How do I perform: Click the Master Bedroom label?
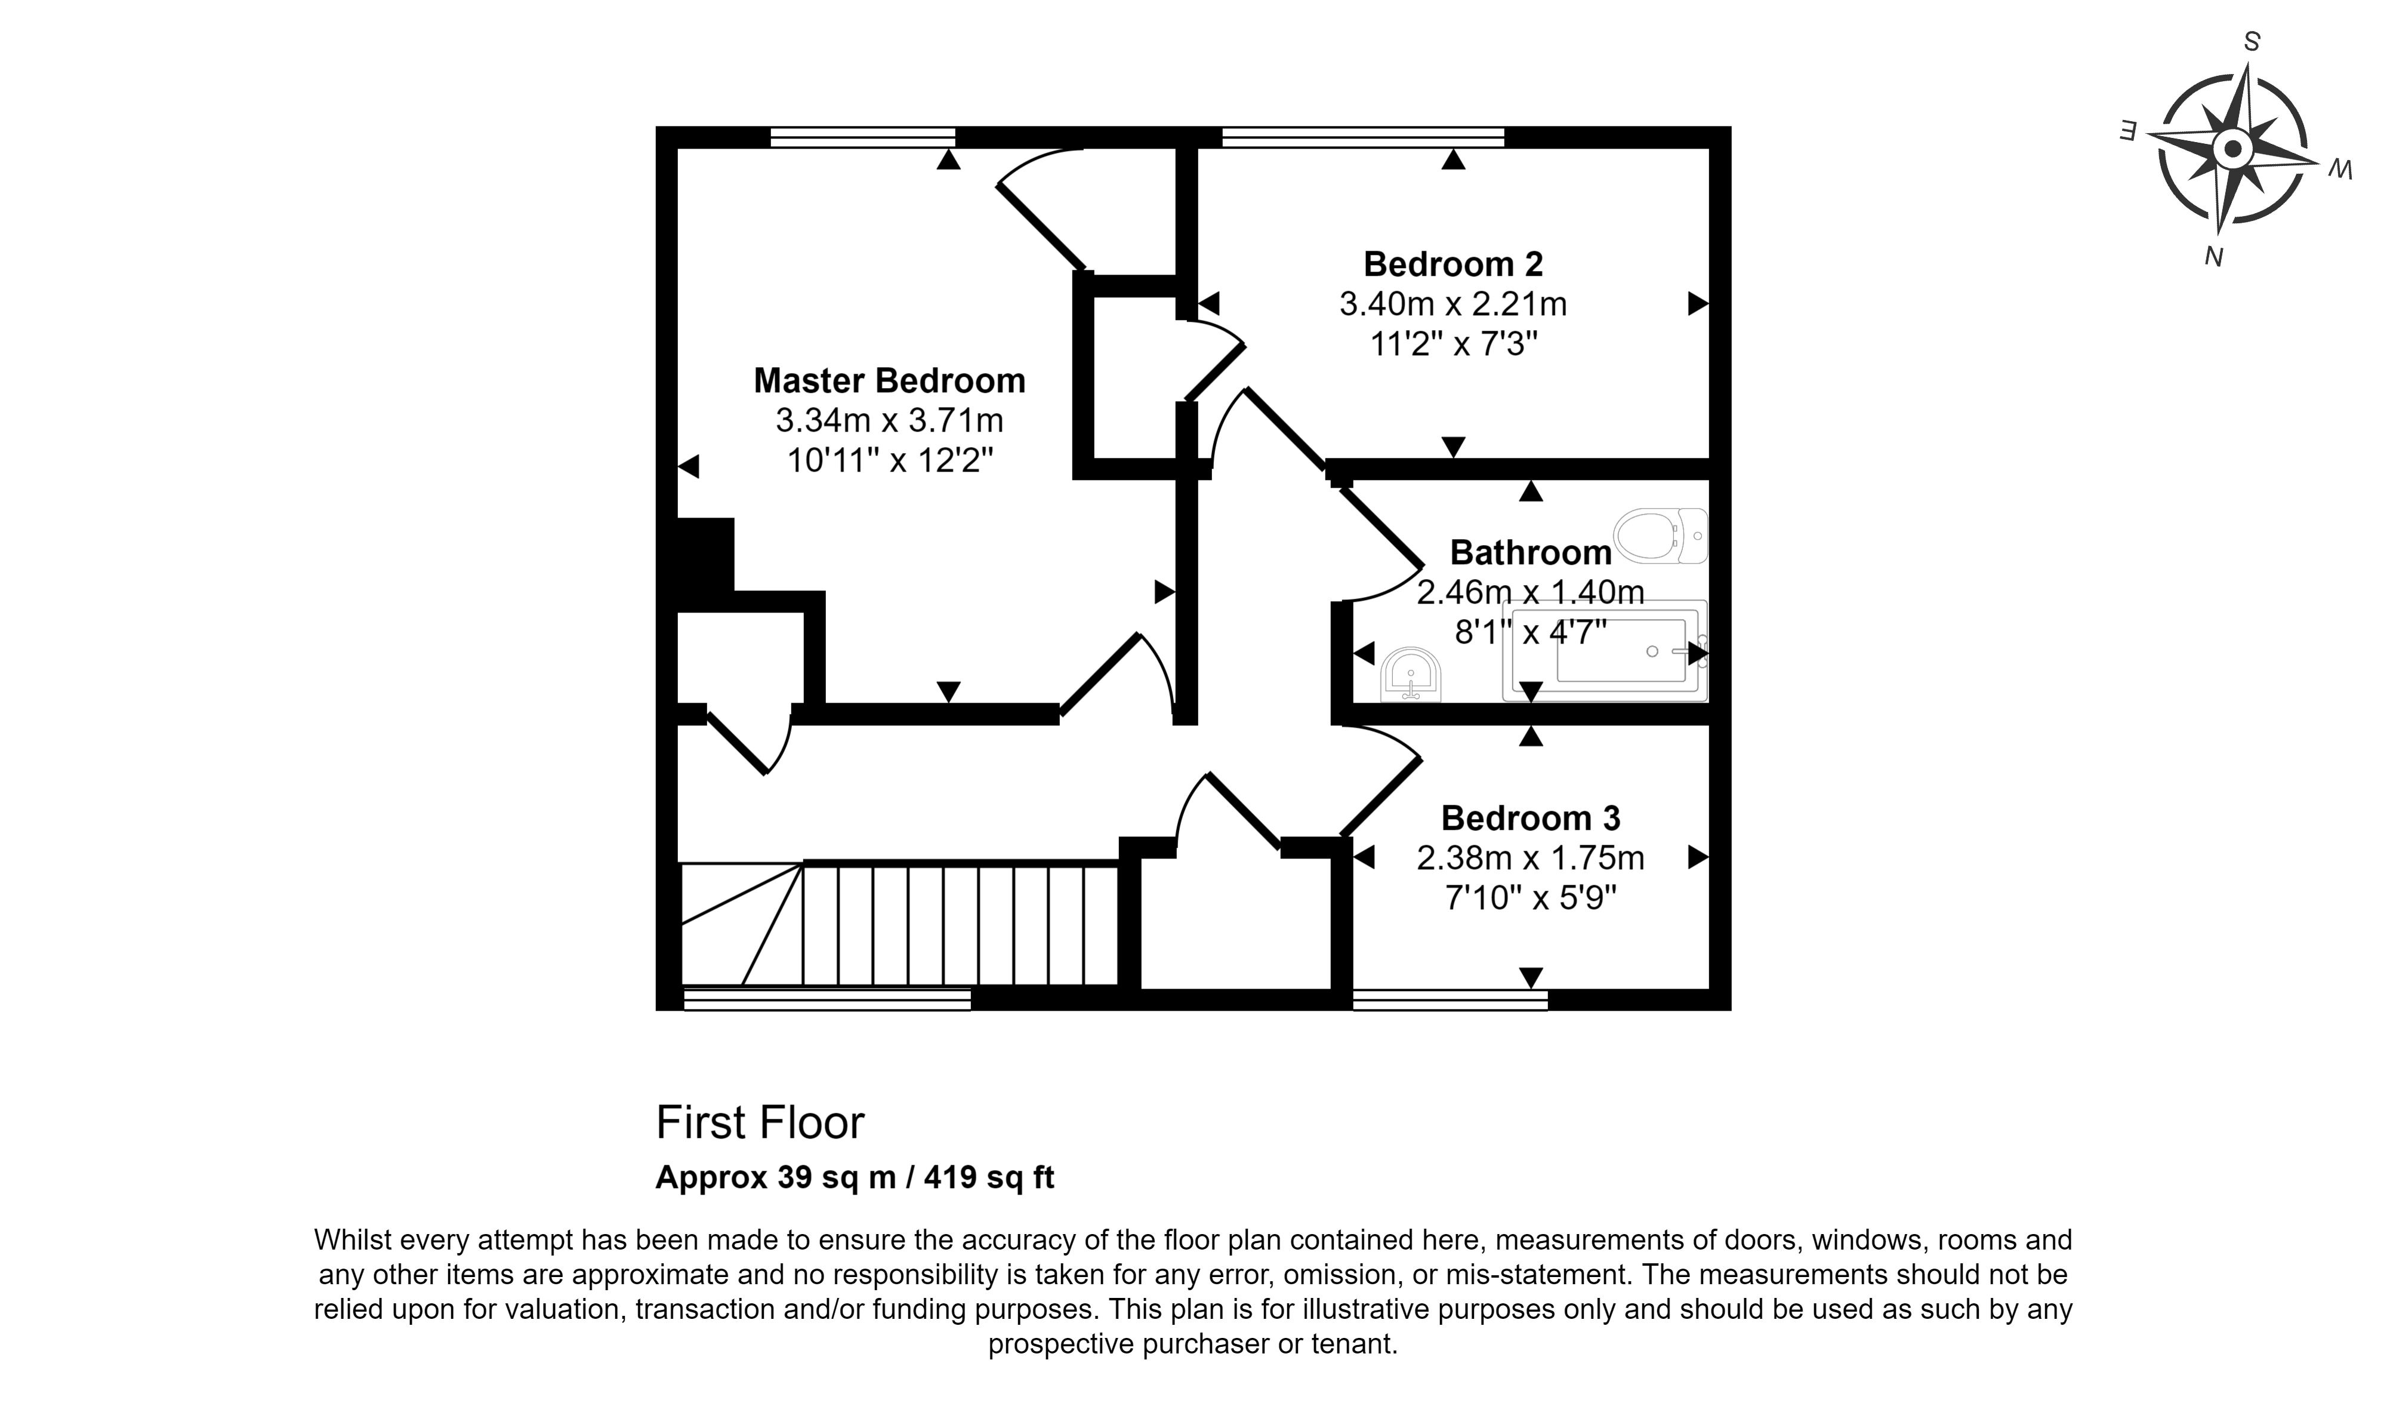point(889,381)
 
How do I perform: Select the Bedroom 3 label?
point(1531,818)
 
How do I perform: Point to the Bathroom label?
point(1531,552)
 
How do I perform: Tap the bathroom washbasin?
point(1411,675)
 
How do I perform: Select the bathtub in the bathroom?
point(1605,651)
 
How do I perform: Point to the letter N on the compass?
point(2214,256)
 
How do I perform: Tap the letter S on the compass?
point(2253,42)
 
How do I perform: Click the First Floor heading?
point(760,1123)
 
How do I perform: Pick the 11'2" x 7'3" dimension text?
point(1453,344)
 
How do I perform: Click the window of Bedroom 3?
point(1450,999)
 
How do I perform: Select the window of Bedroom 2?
point(1363,137)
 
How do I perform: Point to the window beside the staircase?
point(827,999)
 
